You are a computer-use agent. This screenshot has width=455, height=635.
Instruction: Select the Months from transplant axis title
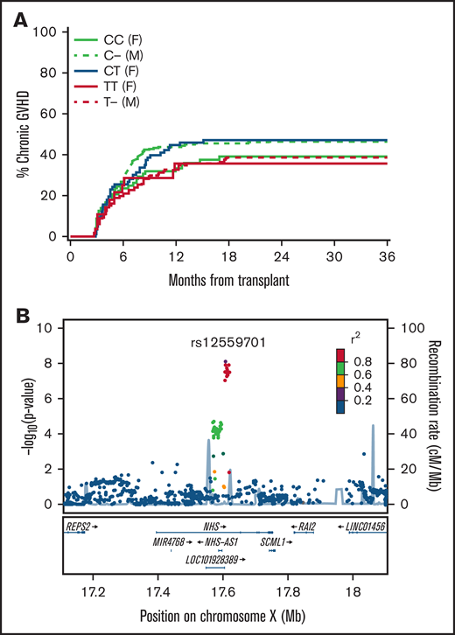pyautogui.click(x=227, y=282)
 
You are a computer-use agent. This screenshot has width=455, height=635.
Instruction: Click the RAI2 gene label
pyautogui.click(x=306, y=527)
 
